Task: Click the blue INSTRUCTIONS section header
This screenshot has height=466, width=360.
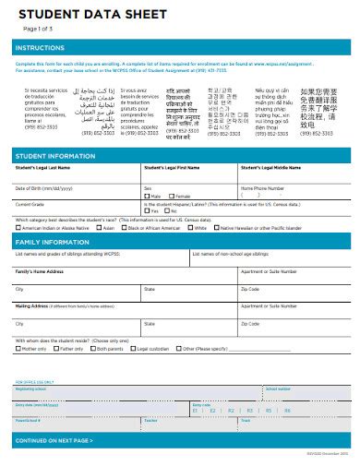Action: pos(42,47)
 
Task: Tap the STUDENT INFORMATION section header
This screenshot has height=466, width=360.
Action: pos(56,156)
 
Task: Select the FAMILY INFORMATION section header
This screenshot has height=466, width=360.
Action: pos(53,242)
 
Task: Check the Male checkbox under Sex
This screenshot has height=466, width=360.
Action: pos(147,197)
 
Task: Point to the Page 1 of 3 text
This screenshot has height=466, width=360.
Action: pos(36,30)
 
